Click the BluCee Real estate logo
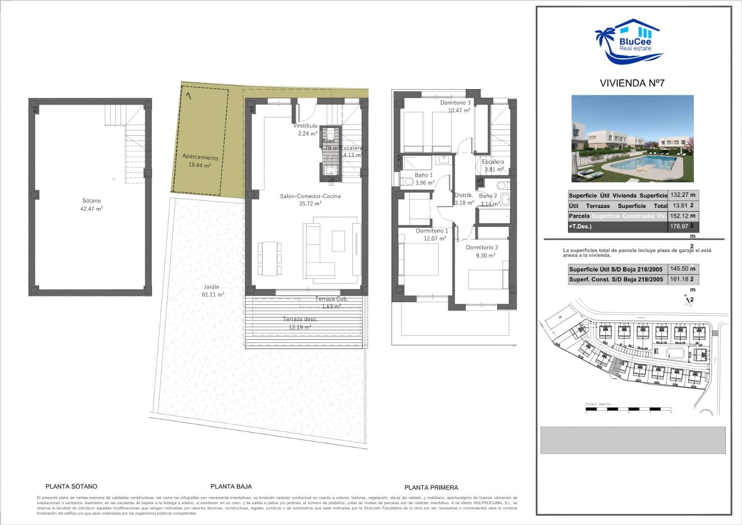[629, 42]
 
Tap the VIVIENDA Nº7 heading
[632, 83]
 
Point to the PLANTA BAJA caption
[231, 486]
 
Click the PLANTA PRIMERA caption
[431, 487]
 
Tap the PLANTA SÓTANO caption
[71, 486]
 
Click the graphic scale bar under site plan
[628, 409]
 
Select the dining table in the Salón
[269, 258]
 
